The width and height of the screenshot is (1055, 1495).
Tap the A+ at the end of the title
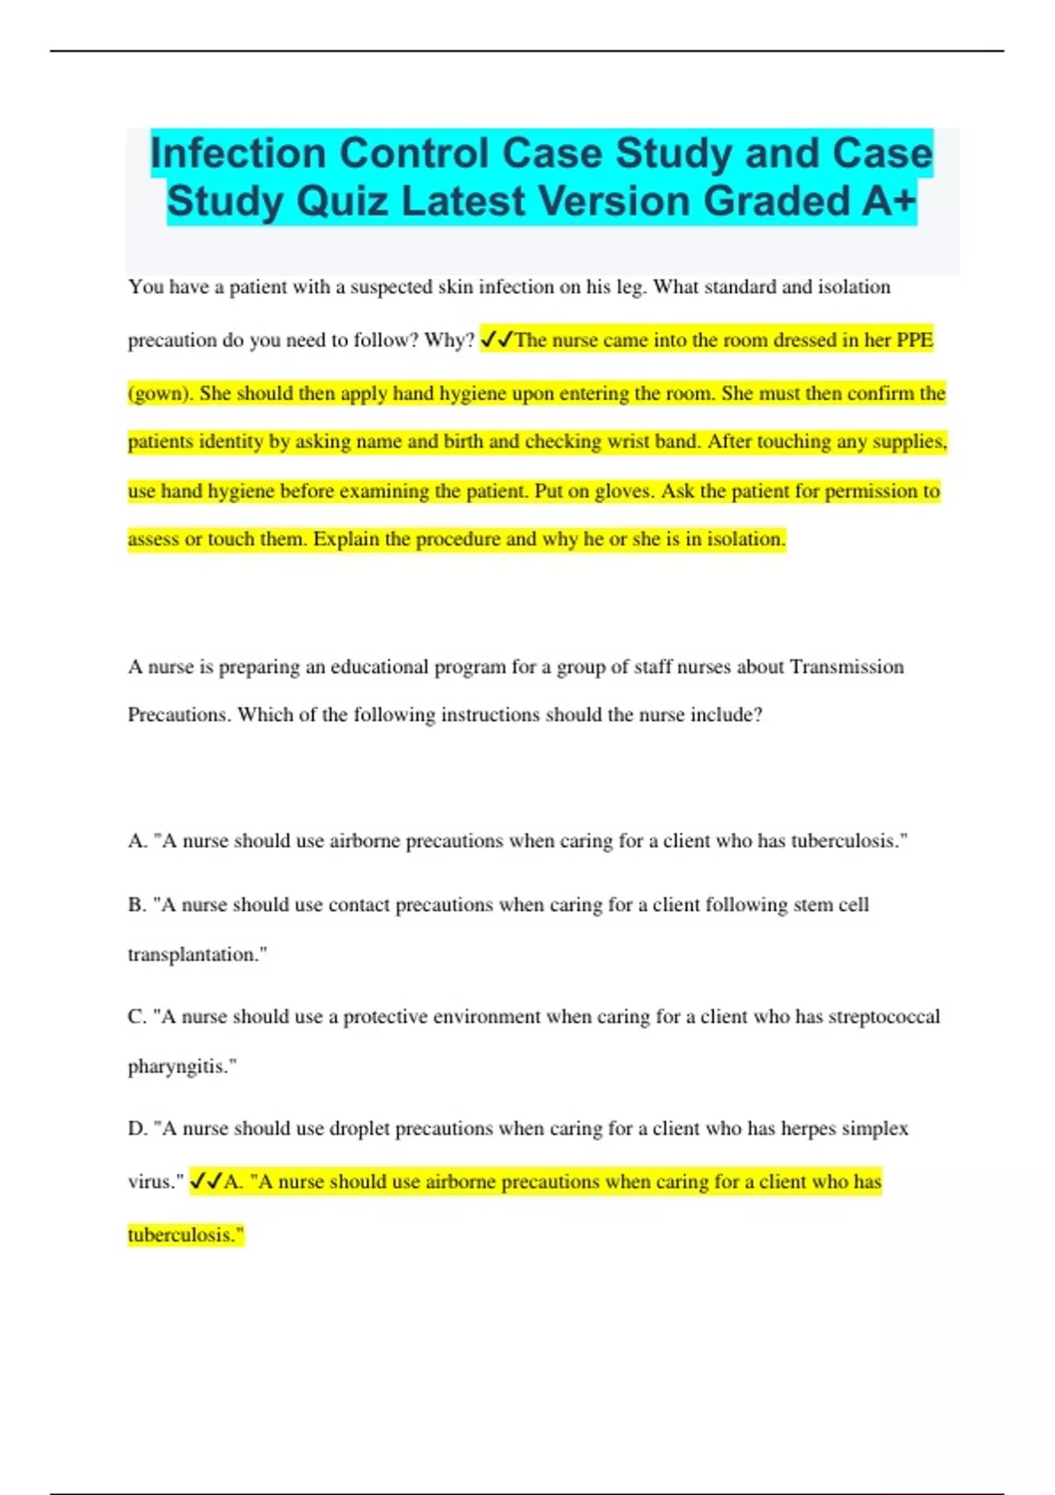click(888, 201)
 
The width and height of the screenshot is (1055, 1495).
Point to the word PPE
click(914, 340)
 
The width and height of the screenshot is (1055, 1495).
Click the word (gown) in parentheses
click(159, 394)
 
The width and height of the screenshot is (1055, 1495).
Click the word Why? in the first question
click(449, 340)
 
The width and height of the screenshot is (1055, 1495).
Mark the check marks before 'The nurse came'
click(497, 340)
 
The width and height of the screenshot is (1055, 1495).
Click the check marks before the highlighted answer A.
click(206, 1182)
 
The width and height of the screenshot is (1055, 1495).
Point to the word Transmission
click(847, 667)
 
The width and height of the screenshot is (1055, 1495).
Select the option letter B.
click(136, 905)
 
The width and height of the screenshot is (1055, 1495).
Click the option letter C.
click(136, 1017)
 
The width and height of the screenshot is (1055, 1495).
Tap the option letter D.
click(136, 1128)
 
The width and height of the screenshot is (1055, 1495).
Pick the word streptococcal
click(884, 1017)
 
